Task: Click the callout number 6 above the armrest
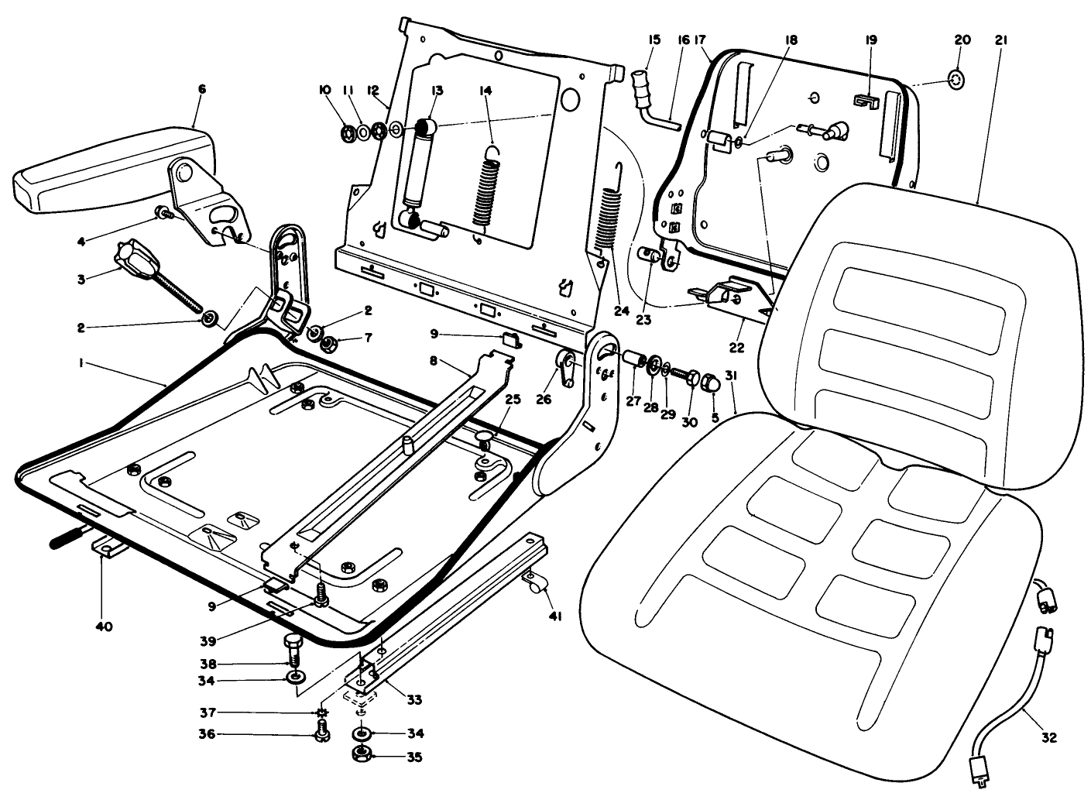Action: point(201,89)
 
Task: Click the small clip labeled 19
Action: point(866,101)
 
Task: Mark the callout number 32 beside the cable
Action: point(1048,738)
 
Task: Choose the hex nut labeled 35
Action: point(361,756)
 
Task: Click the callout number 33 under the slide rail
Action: point(414,700)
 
